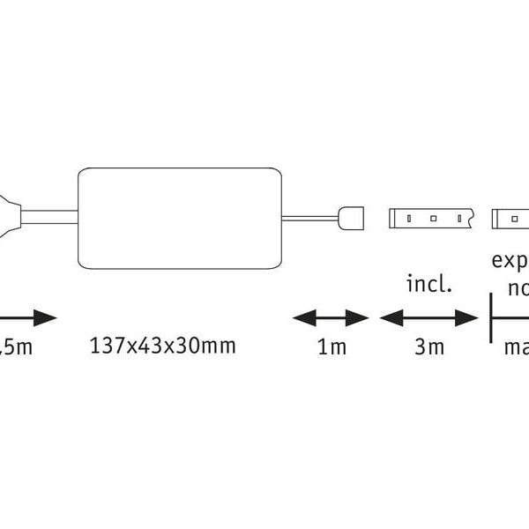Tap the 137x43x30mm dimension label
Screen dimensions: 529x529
[163, 346]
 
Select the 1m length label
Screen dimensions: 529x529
[332, 346]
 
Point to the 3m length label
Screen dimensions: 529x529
[429, 346]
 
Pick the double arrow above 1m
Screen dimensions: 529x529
[331, 317]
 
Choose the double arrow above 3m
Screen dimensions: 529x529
[428, 317]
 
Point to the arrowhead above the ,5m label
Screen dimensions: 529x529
[44, 317]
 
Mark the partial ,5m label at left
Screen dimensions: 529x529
[16, 346]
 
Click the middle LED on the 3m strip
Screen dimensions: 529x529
[434, 216]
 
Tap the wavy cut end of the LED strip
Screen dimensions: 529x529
[473, 216]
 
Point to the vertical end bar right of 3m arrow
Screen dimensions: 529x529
[490, 317]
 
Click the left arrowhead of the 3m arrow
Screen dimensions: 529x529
[388, 317]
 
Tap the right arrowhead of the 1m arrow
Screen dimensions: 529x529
[360, 317]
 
